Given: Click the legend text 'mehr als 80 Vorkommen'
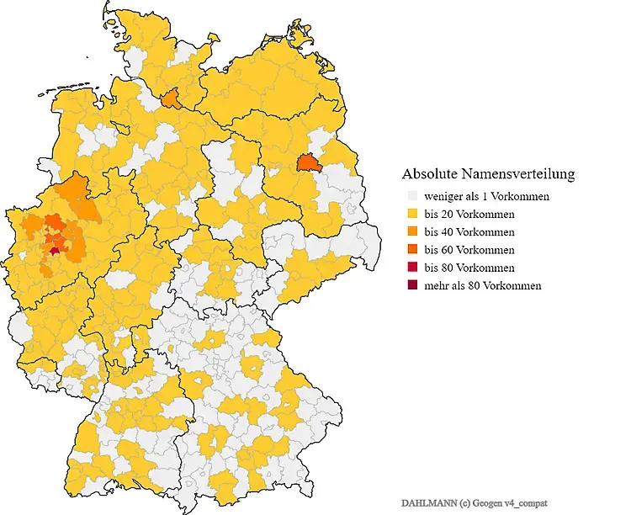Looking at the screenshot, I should tap(482, 285).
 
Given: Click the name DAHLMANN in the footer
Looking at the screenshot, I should tap(426, 502).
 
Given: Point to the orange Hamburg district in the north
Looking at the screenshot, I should tap(171, 99).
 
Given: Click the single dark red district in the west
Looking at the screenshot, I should tap(56, 249).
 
